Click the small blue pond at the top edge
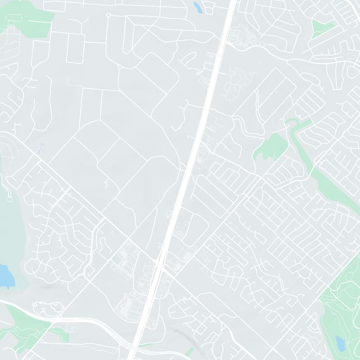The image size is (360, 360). [x=197, y=7]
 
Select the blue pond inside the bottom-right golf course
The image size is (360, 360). [x=340, y=343]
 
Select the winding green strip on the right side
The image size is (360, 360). [x=324, y=175]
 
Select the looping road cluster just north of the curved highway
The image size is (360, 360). [x=47, y=308]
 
